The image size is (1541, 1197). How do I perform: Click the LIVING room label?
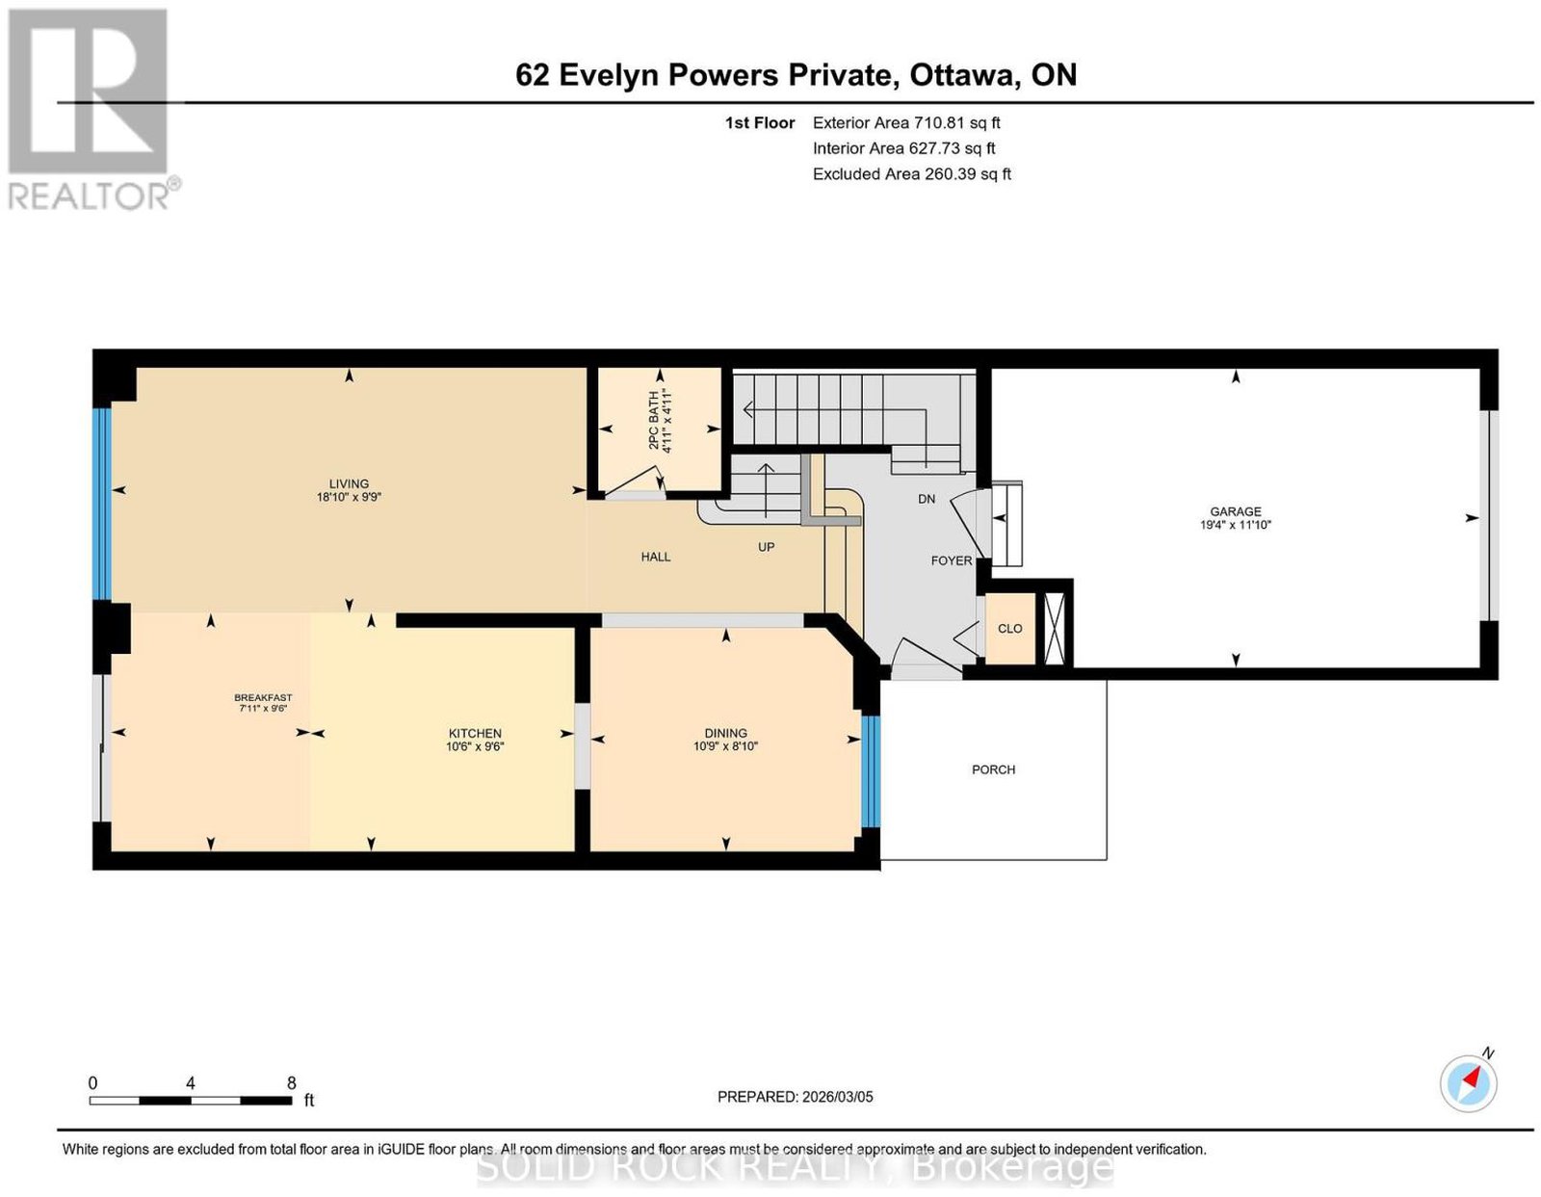pyautogui.click(x=349, y=484)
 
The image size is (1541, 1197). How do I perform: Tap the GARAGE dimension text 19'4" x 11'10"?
pyautogui.click(x=1235, y=525)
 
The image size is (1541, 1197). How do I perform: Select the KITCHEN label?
pyautogui.click(x=475, y=734)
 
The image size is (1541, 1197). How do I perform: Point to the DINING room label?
pyautogui.click(x=725, y=733)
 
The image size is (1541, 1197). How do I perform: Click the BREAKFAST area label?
pyautogui.click(x=263, y=697)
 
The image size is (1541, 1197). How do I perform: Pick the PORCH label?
pyautogui.click(x=993, y=769)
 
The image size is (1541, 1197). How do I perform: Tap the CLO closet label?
pyautogui.click(x=1009, y=629)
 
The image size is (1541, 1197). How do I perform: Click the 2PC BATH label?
pyautogui.click(x=652, y=420)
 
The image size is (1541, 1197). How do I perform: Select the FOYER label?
pyautogui.click(x=951, y=560)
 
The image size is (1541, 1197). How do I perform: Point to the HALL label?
pyautogui.click(x=655, y=557)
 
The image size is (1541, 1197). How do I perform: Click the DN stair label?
pyautogui.click(x=927, y=499)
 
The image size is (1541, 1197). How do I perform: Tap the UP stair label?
pyautogui.click(x=766, y=547)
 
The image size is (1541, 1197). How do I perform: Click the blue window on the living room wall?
pyautogui.click(x=103, y=504)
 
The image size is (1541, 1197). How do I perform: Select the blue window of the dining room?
pyautogui.click(x=870, y=771)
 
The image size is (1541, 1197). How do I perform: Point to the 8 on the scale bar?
pyautogui.click(x=291, y=1083)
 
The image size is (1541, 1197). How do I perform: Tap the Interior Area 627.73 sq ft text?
pyautogui.click(x=903, y=148)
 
